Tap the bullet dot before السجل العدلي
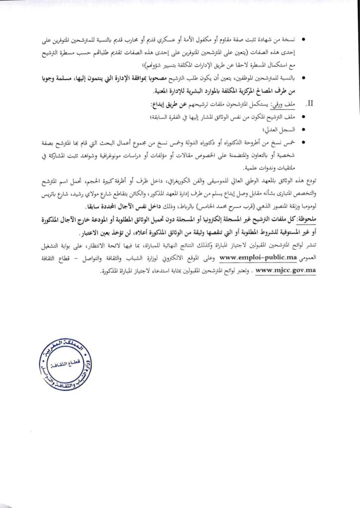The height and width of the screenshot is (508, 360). tap(303, 130)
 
